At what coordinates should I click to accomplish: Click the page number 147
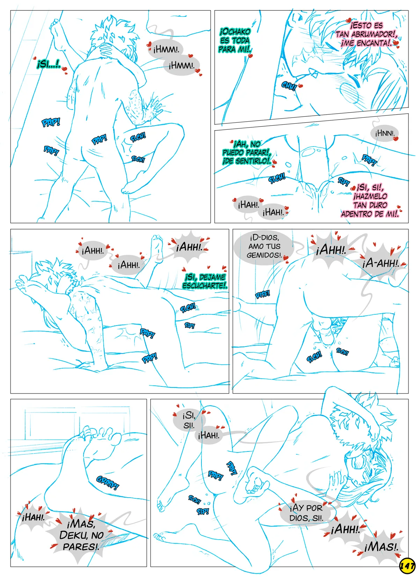coord(407,566)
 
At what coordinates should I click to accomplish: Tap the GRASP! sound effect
coord(108,483)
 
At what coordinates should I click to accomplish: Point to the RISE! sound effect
coord(262,294)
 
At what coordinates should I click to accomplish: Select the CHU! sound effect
coord(289,86)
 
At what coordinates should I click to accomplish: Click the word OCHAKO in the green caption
coord(235,32)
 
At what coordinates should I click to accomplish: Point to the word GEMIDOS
coord(263,255)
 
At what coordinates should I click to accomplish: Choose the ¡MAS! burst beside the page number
coord(381,548)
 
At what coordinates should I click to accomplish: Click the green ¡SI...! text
coord(48,64)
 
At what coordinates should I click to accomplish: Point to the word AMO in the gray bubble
coord(254,246)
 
